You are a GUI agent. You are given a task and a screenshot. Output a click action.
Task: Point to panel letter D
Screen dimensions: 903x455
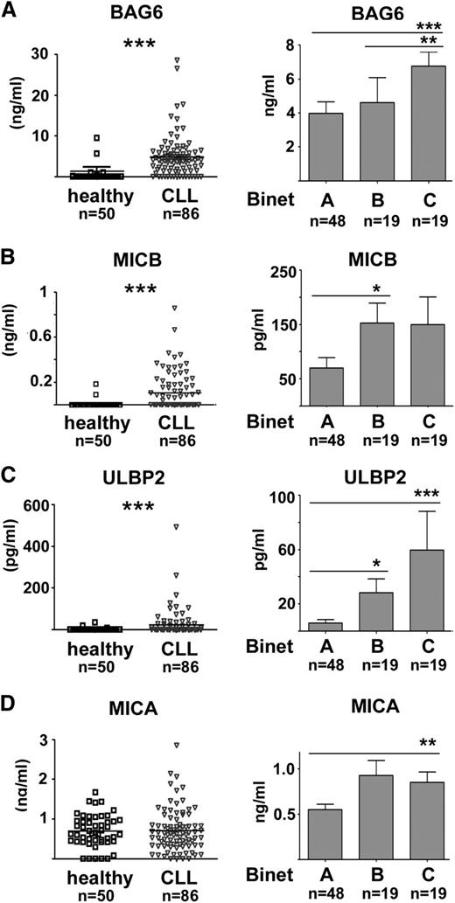coord(10,679)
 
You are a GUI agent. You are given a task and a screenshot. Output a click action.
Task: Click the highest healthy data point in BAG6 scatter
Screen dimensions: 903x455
coord(97,137)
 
